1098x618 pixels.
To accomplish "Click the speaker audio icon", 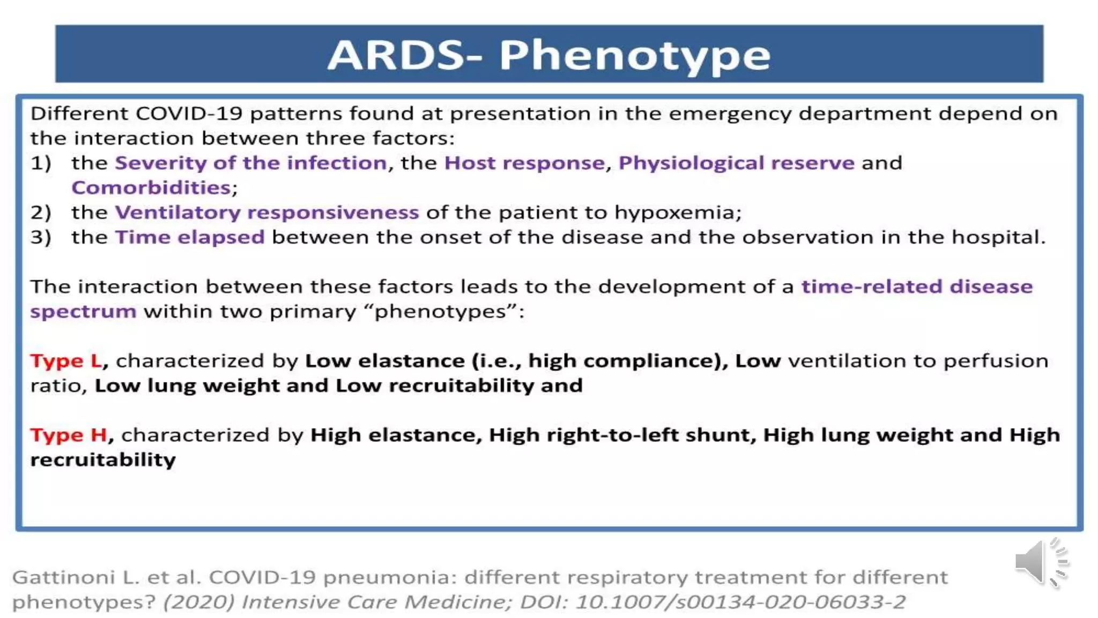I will [x=1040, y=562].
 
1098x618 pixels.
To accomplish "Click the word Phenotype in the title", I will [x=635, y=56].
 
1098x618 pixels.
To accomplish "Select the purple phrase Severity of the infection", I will [x=251, y=163].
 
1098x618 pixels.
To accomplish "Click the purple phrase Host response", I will [x=524, y=163].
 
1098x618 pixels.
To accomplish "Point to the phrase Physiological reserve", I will [x=736, y=163].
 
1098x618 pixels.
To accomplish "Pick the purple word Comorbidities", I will [x=151, y=188].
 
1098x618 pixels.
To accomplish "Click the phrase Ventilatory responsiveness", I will [x=267, y=212].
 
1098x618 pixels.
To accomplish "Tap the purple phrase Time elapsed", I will [x=190, y=237].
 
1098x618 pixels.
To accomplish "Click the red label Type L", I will [x=66, y=361].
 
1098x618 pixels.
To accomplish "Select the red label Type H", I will [x=69, y=435].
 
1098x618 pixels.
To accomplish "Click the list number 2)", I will [x=41, y=212].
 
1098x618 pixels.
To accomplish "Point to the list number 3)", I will [x=41, y=237].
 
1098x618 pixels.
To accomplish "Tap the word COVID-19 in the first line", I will [x=189, y=114].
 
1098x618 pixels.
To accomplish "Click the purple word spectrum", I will [x=83, y=311].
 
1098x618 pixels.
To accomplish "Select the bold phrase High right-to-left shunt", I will [x=622, y=435].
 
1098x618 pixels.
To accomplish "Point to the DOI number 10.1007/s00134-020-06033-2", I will [x=740, y=602].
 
